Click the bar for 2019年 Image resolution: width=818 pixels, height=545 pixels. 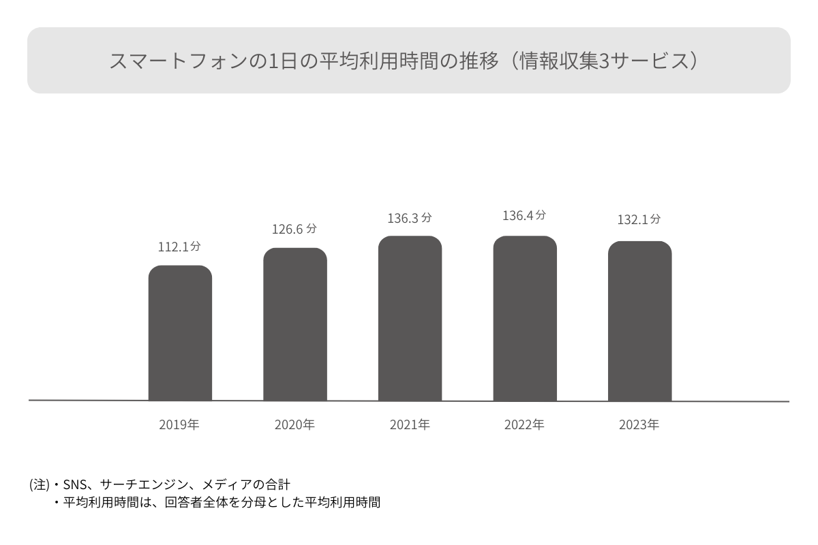[180, 333]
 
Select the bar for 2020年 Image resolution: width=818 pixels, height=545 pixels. [295, 324]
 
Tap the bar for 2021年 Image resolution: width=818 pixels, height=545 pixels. [410, 318]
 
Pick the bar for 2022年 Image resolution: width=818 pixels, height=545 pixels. [525, 318]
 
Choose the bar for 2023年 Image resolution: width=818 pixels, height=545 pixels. [639, 321]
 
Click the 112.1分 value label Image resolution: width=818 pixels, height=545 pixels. [179, 247]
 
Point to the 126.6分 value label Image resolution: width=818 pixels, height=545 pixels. [294, 230]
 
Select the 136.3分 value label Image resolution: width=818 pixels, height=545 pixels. [410, 219]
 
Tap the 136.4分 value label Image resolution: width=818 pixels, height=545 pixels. [524, 216]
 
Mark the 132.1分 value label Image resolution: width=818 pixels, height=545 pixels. [639, 220]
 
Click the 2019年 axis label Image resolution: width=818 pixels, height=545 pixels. [179, 425]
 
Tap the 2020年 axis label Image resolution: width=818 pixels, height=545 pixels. [294, 425]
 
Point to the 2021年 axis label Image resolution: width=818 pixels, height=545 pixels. [410, 425]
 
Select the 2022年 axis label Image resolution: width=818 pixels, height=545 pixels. [524, 425]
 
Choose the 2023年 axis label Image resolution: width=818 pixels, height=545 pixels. [639, 425]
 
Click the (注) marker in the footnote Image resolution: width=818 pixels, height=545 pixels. [40, 485]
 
